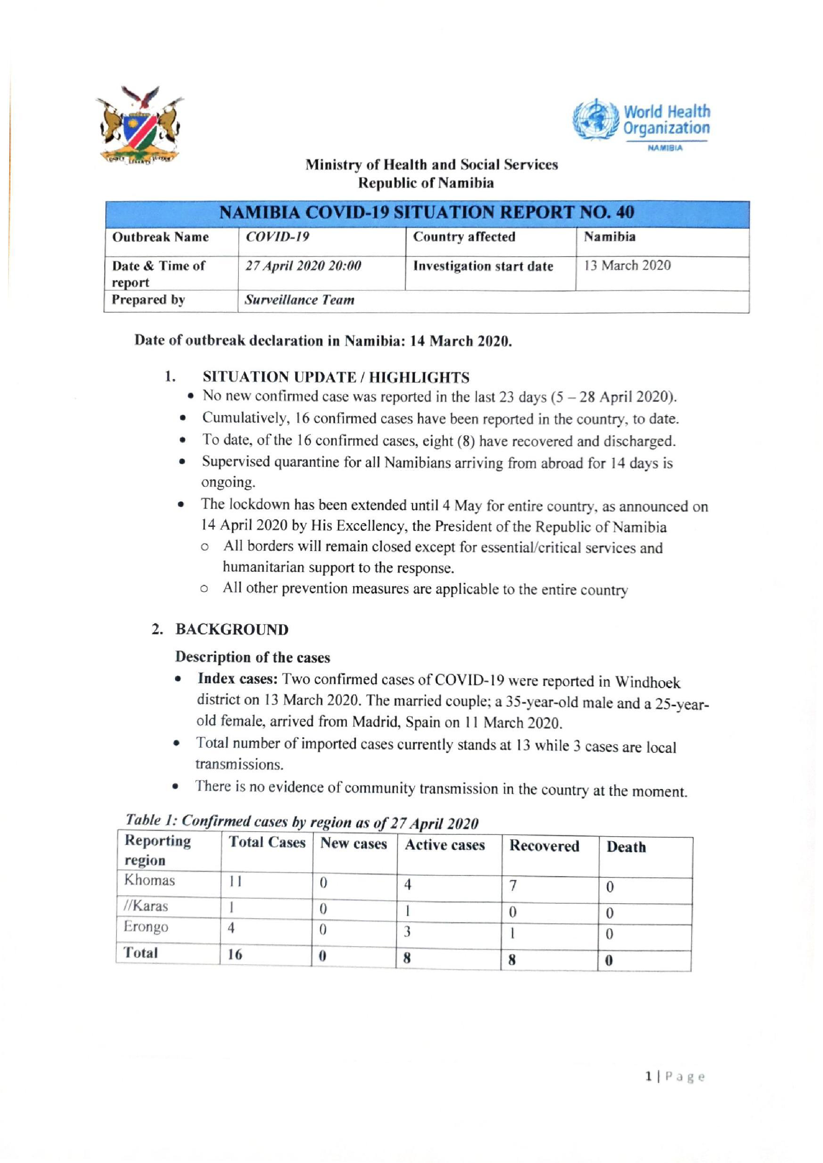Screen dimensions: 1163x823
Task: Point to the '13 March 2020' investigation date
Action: (628, 265)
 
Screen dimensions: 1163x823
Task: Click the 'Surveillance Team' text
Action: (299, 300)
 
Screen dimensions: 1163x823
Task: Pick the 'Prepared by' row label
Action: (149, 300)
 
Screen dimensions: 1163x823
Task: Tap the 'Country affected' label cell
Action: (464, 237)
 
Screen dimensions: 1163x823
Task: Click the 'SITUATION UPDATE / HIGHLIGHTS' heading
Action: (336, 377)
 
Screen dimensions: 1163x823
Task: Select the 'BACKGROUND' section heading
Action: (232, 629)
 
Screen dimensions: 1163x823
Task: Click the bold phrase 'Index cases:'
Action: (238, 679)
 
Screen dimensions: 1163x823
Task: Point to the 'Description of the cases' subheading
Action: (252, 657)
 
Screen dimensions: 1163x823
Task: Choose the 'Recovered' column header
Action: (544, 845)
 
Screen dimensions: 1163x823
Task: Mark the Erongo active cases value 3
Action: (407, 931)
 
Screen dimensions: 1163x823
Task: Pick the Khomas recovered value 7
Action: (513, 885)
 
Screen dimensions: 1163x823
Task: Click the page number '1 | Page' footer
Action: (674, 1077)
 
